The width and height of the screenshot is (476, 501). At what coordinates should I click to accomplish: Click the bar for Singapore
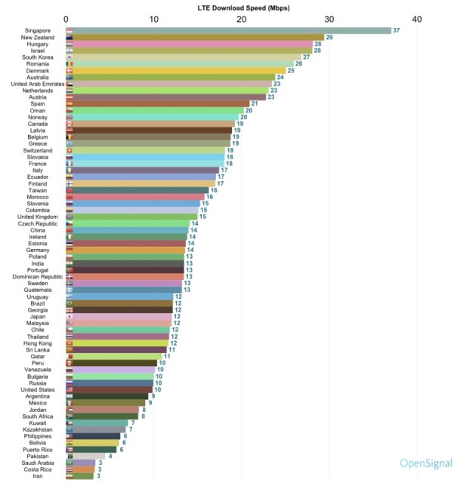[227, 30]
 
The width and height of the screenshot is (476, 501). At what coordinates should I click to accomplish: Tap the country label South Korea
[37, 57]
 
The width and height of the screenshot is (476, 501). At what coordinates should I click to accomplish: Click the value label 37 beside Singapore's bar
[397, 30]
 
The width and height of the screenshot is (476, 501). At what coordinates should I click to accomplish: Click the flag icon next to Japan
[70, 317]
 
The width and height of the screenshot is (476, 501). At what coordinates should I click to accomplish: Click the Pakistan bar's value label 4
[110, 456]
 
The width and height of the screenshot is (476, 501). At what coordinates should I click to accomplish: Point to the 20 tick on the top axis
[242, 18]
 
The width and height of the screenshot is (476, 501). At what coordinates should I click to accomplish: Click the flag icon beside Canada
[70, 124]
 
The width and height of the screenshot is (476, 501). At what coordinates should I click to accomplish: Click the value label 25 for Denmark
[291, 70]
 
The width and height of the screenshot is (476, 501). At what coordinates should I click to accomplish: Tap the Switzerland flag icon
[70, 150]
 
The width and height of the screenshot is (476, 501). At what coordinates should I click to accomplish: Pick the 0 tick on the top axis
[67, 18]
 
